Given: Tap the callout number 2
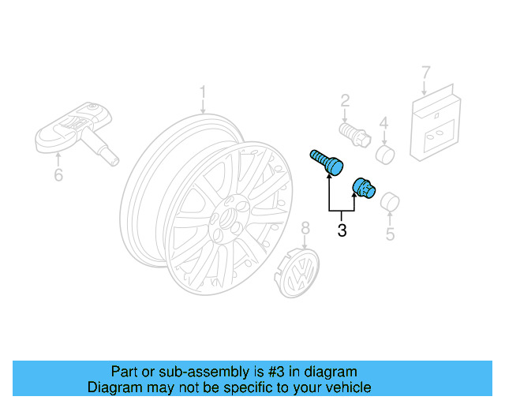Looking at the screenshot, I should (345, 100).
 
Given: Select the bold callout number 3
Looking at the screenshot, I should (342, 231).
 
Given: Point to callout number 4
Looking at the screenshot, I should (383, 122).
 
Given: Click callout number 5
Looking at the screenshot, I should (389, 234).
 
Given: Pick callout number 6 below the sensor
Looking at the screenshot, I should (58, 174).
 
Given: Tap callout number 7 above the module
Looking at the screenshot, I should (426, 73).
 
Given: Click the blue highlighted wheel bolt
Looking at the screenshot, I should (326, 161).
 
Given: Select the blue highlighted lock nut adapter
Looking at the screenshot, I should (363, 189).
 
